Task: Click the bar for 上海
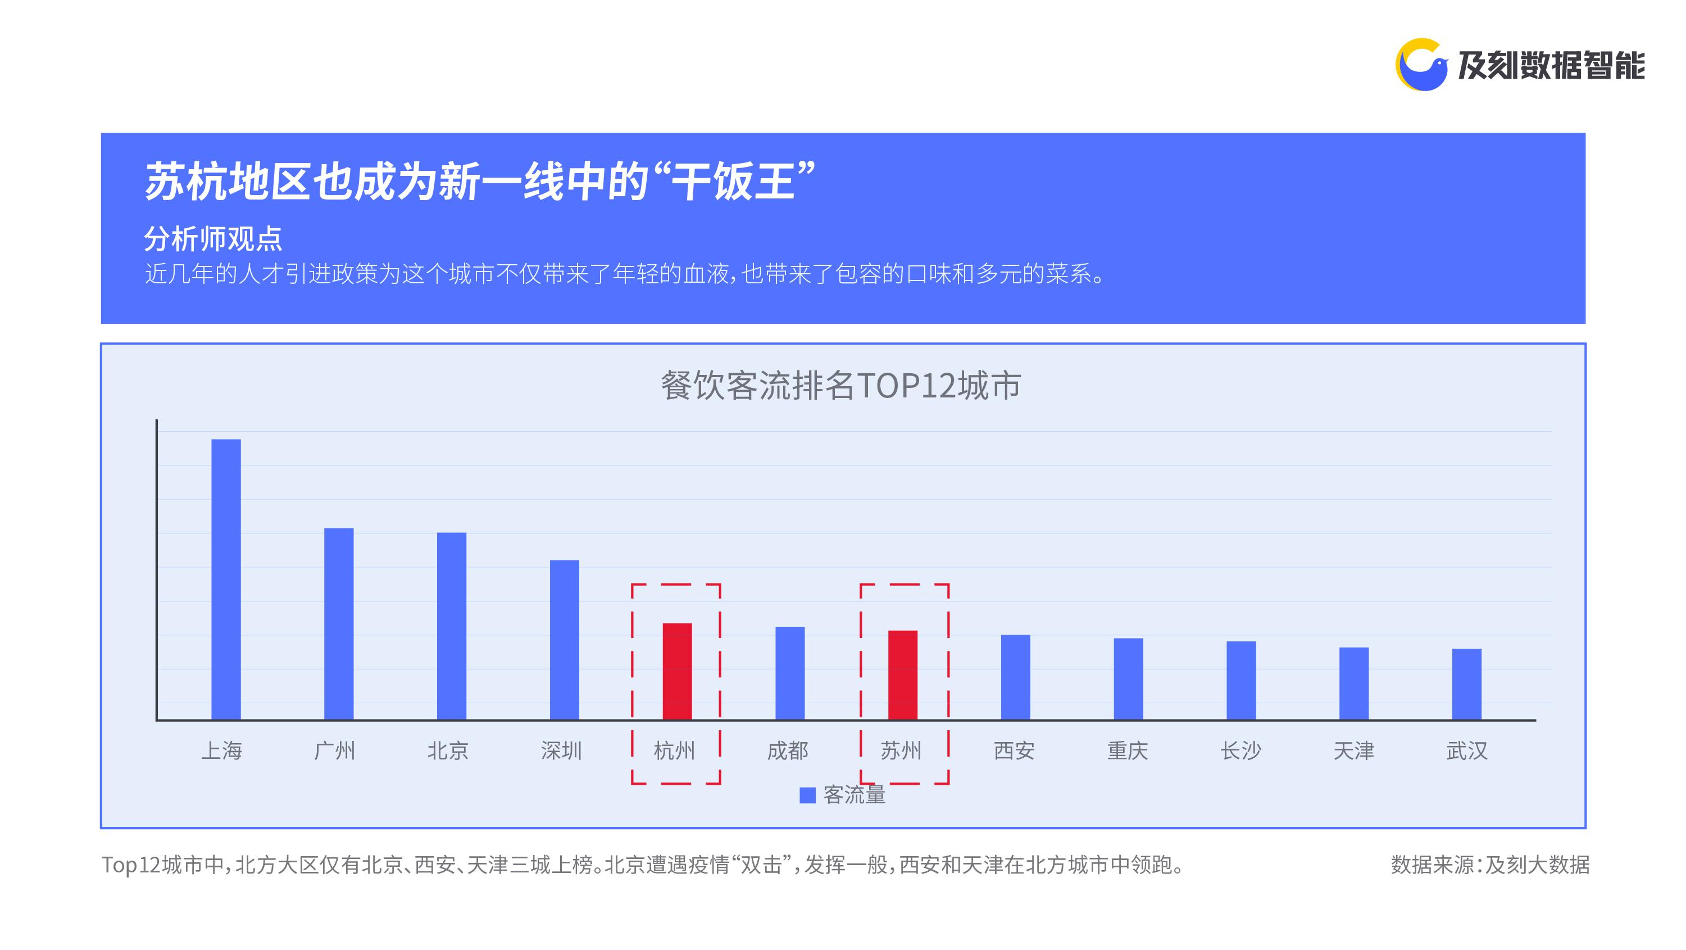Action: point(226,580)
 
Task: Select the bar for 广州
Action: point(339,624)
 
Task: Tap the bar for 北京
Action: point(452,627)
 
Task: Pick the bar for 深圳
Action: point(564,640)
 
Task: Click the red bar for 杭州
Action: point(678,672)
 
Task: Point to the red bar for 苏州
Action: point(903,675)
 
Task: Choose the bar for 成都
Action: point(790,673)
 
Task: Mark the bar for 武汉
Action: point(1467,684)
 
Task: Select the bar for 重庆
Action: point(1128,679)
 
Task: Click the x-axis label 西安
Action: point(1015,750)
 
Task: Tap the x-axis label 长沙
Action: point(1241,750)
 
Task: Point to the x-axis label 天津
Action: point(1354,750)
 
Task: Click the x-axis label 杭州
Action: point(675,750)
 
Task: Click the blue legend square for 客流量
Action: point(808,795)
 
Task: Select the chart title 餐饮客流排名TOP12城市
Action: point(841,385)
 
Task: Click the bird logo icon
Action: point(1421,65)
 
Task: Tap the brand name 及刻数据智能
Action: point(1551,65)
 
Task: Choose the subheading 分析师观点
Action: point(213,239)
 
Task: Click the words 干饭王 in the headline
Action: point(733,182)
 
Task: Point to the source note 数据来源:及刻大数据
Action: point(1490,865)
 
